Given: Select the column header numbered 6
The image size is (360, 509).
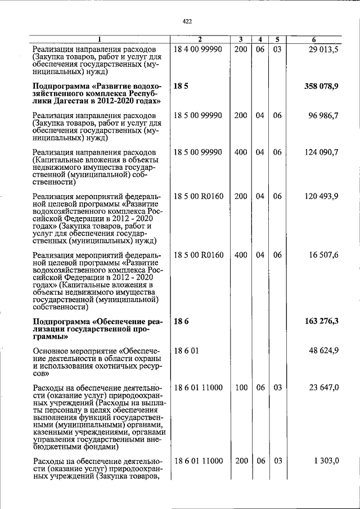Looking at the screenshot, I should (314, 39).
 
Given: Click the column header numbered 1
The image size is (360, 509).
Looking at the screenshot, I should (100, 39).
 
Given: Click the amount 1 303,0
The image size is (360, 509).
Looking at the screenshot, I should (326, 461).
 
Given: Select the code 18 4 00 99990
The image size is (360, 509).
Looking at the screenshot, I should (199, 50).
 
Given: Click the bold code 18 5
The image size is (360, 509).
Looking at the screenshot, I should (180, 86).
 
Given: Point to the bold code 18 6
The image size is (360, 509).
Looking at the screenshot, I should (180, 321).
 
